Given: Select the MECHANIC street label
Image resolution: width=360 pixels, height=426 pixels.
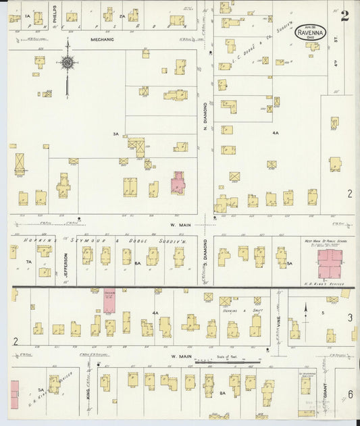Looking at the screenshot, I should (103, 40).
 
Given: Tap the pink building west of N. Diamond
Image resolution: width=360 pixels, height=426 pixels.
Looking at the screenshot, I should (178, 182).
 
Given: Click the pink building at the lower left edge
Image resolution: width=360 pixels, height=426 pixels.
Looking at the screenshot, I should (14, 393).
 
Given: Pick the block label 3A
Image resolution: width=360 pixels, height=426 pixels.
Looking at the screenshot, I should (115, 134).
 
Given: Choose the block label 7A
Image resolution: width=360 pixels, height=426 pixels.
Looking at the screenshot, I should (28, 261).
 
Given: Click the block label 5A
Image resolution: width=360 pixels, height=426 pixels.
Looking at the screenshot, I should (288, 263).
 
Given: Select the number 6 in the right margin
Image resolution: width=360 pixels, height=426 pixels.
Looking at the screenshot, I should (351, 394).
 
